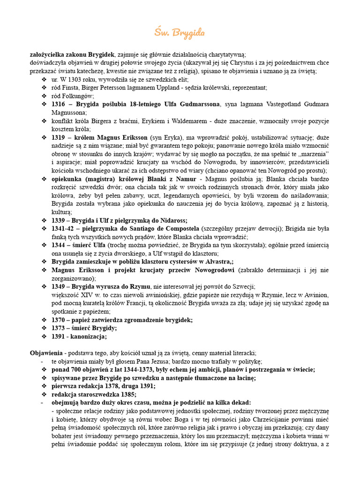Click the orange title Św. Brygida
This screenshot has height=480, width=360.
(180, 33)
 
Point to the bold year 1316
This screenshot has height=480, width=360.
(59, 104)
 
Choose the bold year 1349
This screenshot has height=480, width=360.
(59, 286)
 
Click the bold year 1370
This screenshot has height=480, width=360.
(59, 320)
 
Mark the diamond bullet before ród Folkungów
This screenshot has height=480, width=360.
(45, 96)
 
